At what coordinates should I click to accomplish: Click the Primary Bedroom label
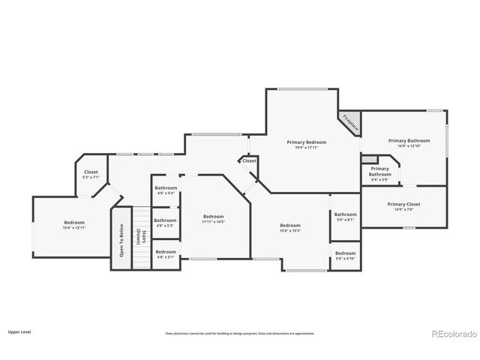point(307,144)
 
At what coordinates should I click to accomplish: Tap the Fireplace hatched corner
point(350,123)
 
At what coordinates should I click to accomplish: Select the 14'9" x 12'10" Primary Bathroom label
point(409,142)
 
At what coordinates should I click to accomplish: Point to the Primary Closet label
point(404,206)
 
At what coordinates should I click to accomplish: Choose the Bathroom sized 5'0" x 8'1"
point(346,217)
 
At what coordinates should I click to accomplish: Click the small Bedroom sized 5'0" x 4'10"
point(346,256)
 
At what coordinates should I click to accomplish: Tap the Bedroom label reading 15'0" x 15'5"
point(290,227)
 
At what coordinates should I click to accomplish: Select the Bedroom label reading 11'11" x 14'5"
point(213,219)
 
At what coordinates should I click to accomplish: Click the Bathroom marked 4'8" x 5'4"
point(166,190)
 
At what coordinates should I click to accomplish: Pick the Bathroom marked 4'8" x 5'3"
point(165,222)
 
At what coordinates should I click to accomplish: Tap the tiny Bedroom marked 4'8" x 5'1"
point(166,253)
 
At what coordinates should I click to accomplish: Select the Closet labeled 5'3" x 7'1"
point(91,174)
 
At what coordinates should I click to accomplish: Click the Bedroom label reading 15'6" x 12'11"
point(74,224)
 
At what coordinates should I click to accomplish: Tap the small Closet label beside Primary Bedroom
point(249,160)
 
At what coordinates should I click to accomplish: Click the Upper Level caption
point(19,331)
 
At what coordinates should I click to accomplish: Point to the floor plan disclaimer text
point(240,333)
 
